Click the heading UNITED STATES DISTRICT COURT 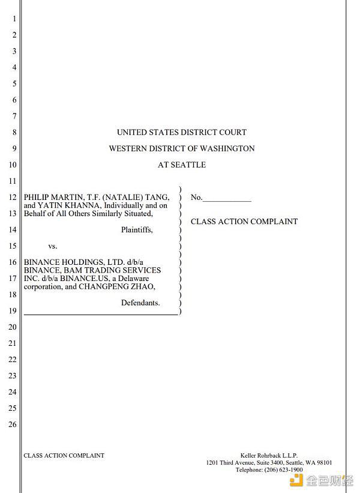tap(182, 132)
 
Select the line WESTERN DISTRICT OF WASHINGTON tap(182, 148)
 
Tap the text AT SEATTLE tap(182, 165)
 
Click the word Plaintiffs tap(137, 229)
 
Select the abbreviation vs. tap(53, 246)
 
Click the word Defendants tap(140, 303)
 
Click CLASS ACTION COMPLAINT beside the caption tap(244, 222)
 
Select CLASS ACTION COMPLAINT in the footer tap(64, 455)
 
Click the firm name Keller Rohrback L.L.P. tap(269, 456)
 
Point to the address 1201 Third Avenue tap(230, 463)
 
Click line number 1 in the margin tap(14, 19)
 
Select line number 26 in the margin tap(13, 425)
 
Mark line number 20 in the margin tap(13, 327)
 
